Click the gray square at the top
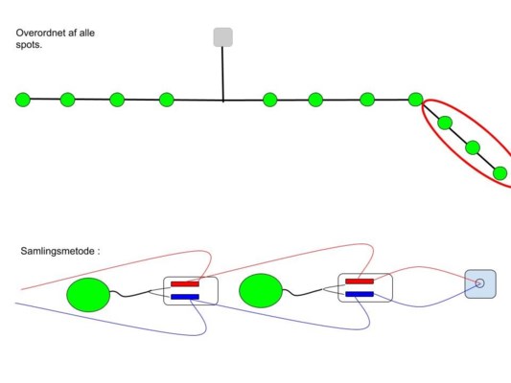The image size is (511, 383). pyautogui.click(x=223, y=37)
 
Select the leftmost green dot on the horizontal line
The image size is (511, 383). pyautogui.click(x=23, y=100)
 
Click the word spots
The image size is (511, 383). pyautogui.click(x=29, y=45)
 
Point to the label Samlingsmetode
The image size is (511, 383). pyautogui.click(x=58, y=251)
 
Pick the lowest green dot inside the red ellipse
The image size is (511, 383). pyautogui.click(x=499, y=173)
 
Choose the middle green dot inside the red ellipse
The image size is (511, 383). pyautogui.click(x=473, y=147)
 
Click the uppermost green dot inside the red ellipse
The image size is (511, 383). pyautogui.click(x=445, y=123)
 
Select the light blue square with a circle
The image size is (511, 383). pyautogui.click(x=480, y=283)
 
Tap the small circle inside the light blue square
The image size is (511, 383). pyautogui.click(x=479, y=283)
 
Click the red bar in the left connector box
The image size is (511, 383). pyautogui.click(x=185, y=284)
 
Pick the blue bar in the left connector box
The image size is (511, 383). pyautogui.click(x=185, y=297)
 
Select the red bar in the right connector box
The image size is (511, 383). pyautogui.click(x=360, y=282)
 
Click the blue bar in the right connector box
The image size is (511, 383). pyautogui.click(x=360, y=294)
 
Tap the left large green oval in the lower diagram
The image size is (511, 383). pyautogui.click(x=88, y=295)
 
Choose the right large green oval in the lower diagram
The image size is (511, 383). pyautogui.click(x=261, y=290)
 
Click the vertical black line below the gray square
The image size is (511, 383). pyautogui.click(x=223, y=74)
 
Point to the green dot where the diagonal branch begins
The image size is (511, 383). pyautogui.click(x=415, y=100)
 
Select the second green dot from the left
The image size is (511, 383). pyautogui.click(x=67, y=100)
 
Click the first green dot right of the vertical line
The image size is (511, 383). pyautogui.click(x=269, y=100)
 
